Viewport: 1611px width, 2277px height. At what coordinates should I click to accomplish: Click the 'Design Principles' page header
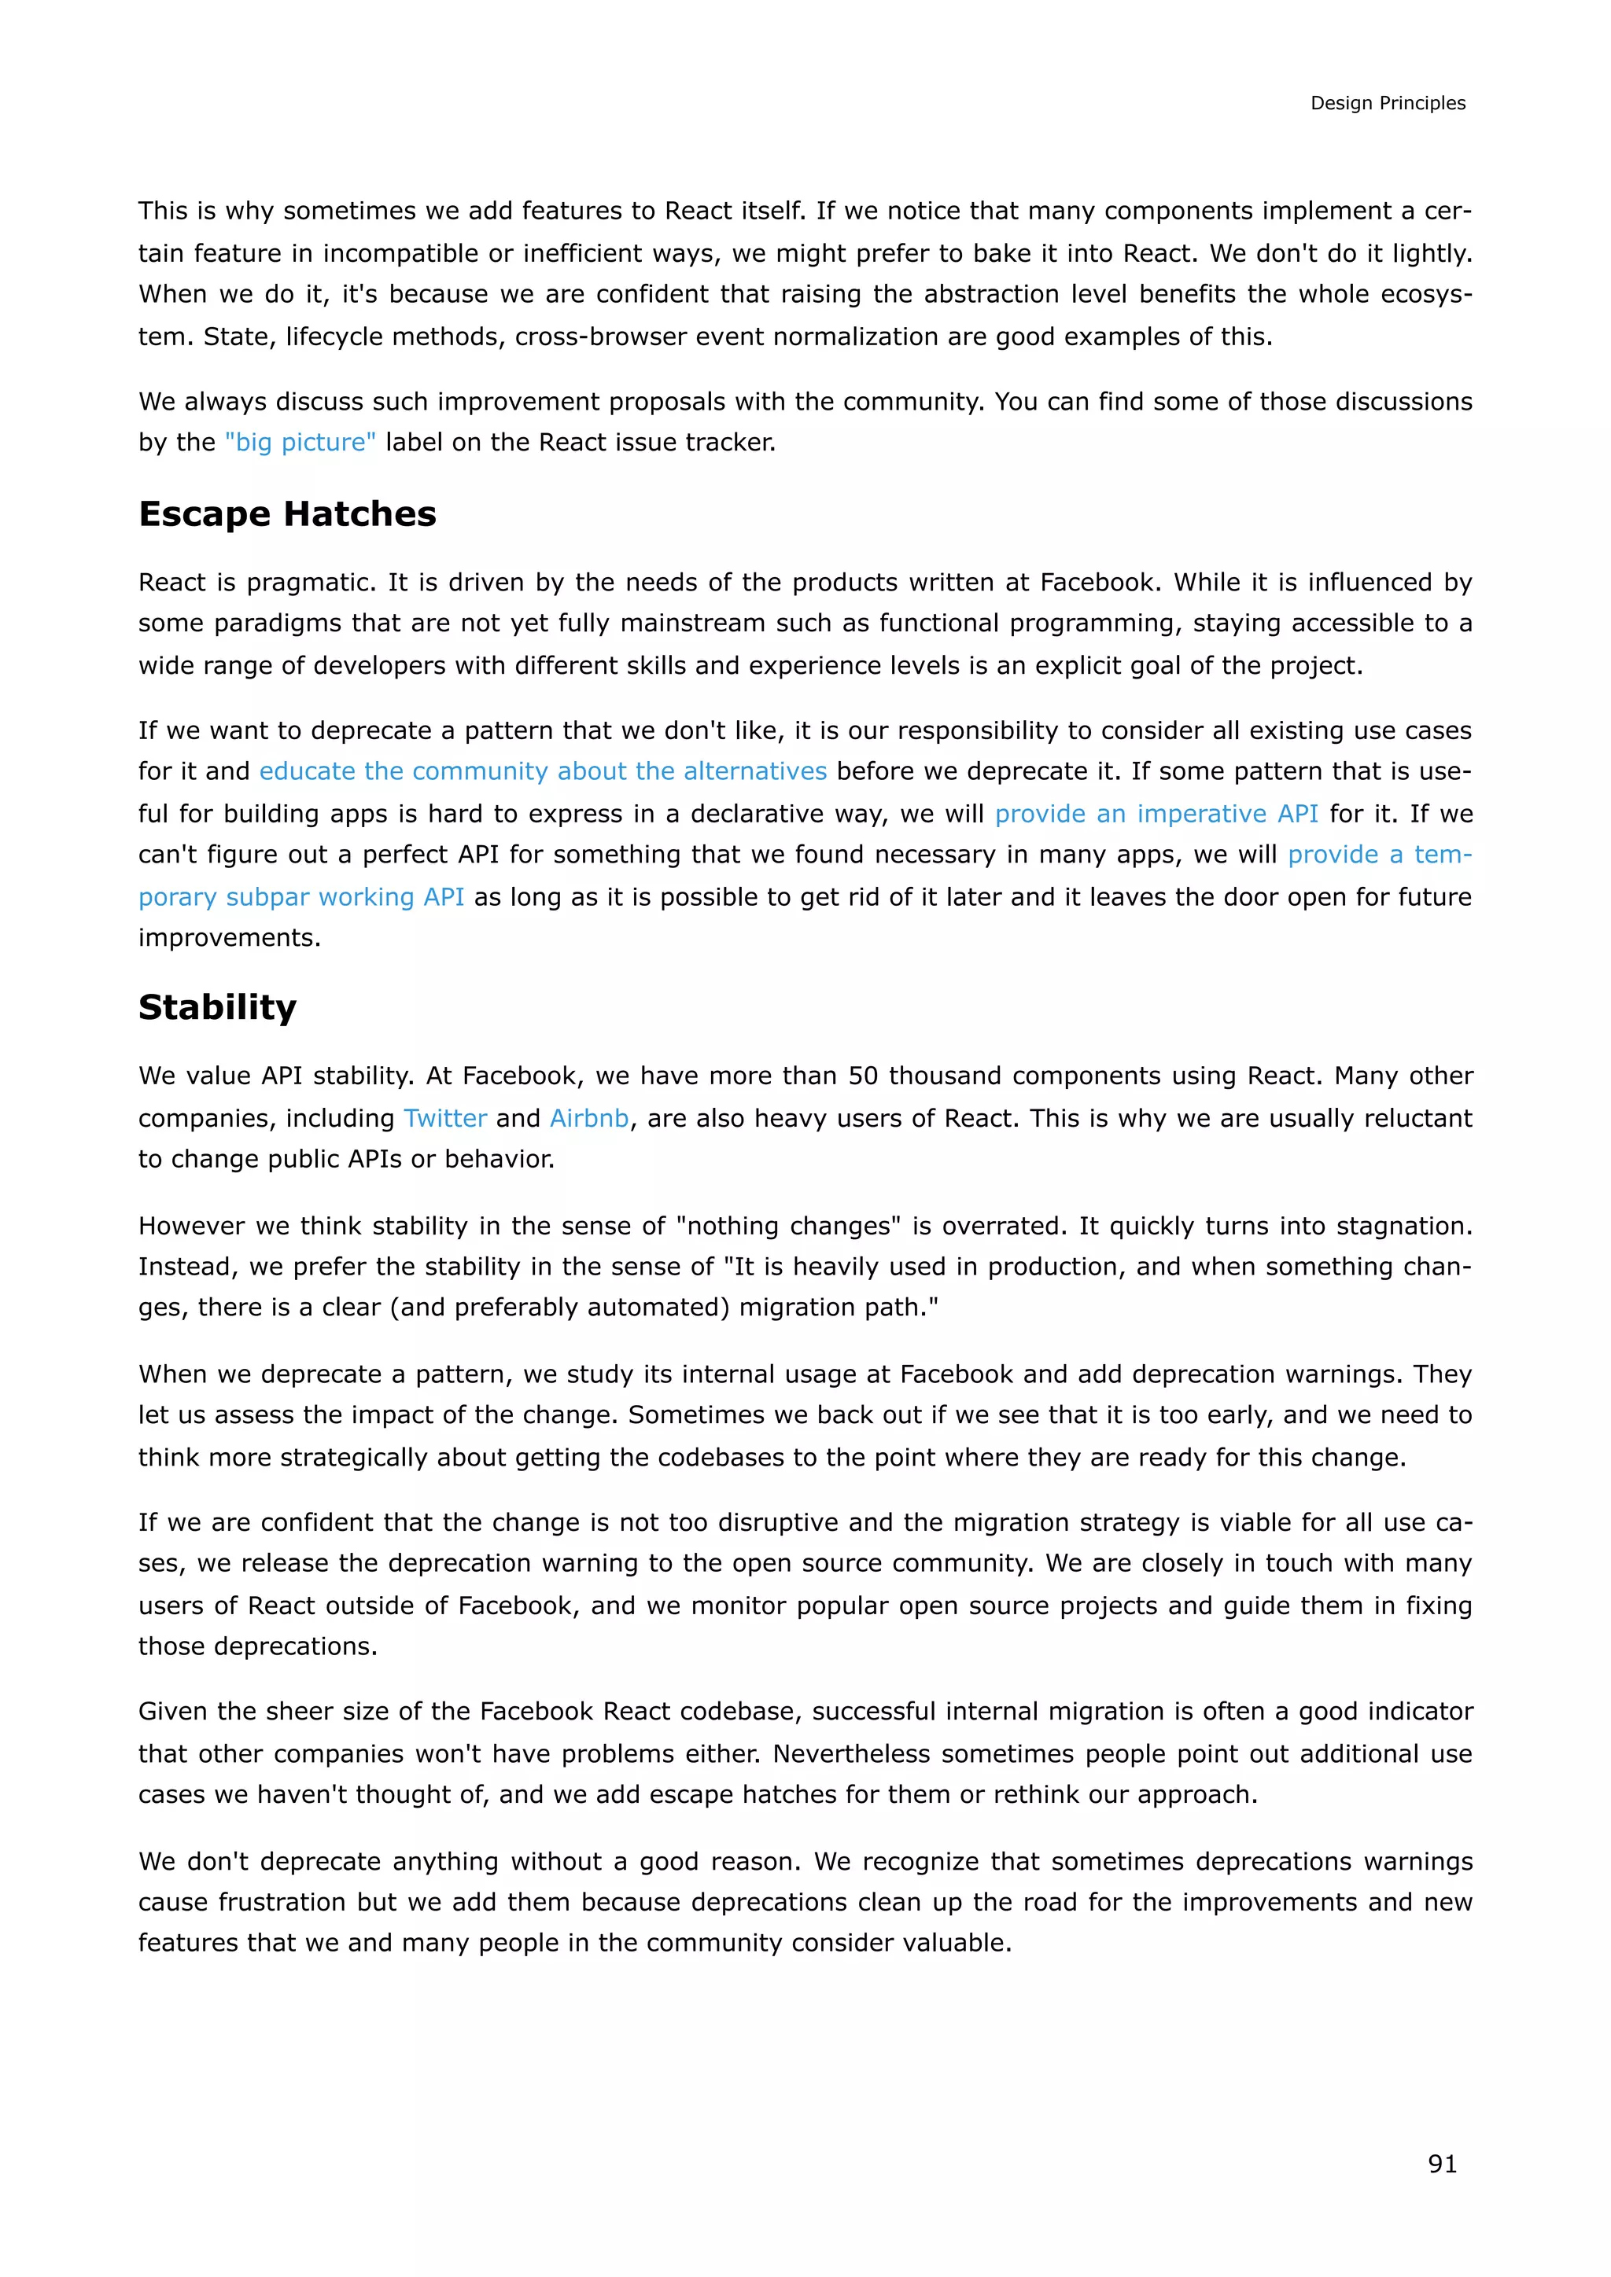pos(1387,103)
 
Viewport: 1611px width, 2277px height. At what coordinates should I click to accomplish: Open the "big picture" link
pos(300,443)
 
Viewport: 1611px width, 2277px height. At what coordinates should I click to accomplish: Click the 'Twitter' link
pos(444,1118)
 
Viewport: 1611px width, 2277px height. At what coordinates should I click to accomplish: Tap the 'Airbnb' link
pos(589,1118)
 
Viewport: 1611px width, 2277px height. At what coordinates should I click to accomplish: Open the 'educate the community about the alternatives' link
pos(543,771)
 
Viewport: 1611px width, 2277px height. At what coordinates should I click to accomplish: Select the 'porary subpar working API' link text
pos(301,896)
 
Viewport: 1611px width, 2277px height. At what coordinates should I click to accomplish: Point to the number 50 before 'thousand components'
pos(862,1076)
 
